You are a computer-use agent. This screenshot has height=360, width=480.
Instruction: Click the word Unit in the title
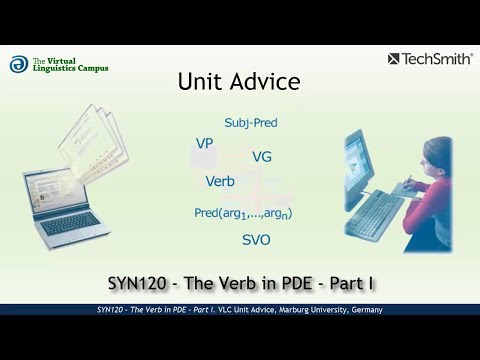pyautogui.click(x=200, y=82)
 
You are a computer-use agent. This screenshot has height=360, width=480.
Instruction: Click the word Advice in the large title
pyautogui.click(x=262, y=82)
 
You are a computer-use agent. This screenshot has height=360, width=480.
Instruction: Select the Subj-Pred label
pyautogui.click(x=251, y=123)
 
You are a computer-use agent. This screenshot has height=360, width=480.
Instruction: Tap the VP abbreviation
pyautogui.click(x=204, y=144)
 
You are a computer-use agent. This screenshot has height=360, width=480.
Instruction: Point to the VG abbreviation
pyautogui.click(x=262, y=157)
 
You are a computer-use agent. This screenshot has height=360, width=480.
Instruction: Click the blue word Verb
pyautogui.click(x=220, y=181)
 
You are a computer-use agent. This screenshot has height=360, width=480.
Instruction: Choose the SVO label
pyautogui.click(x=256, y=240)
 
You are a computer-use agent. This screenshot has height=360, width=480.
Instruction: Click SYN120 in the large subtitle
pyautogui.click(x=142, y=283)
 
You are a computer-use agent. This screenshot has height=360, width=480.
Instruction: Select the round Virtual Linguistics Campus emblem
pyautogui.click(x=19, y=64)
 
